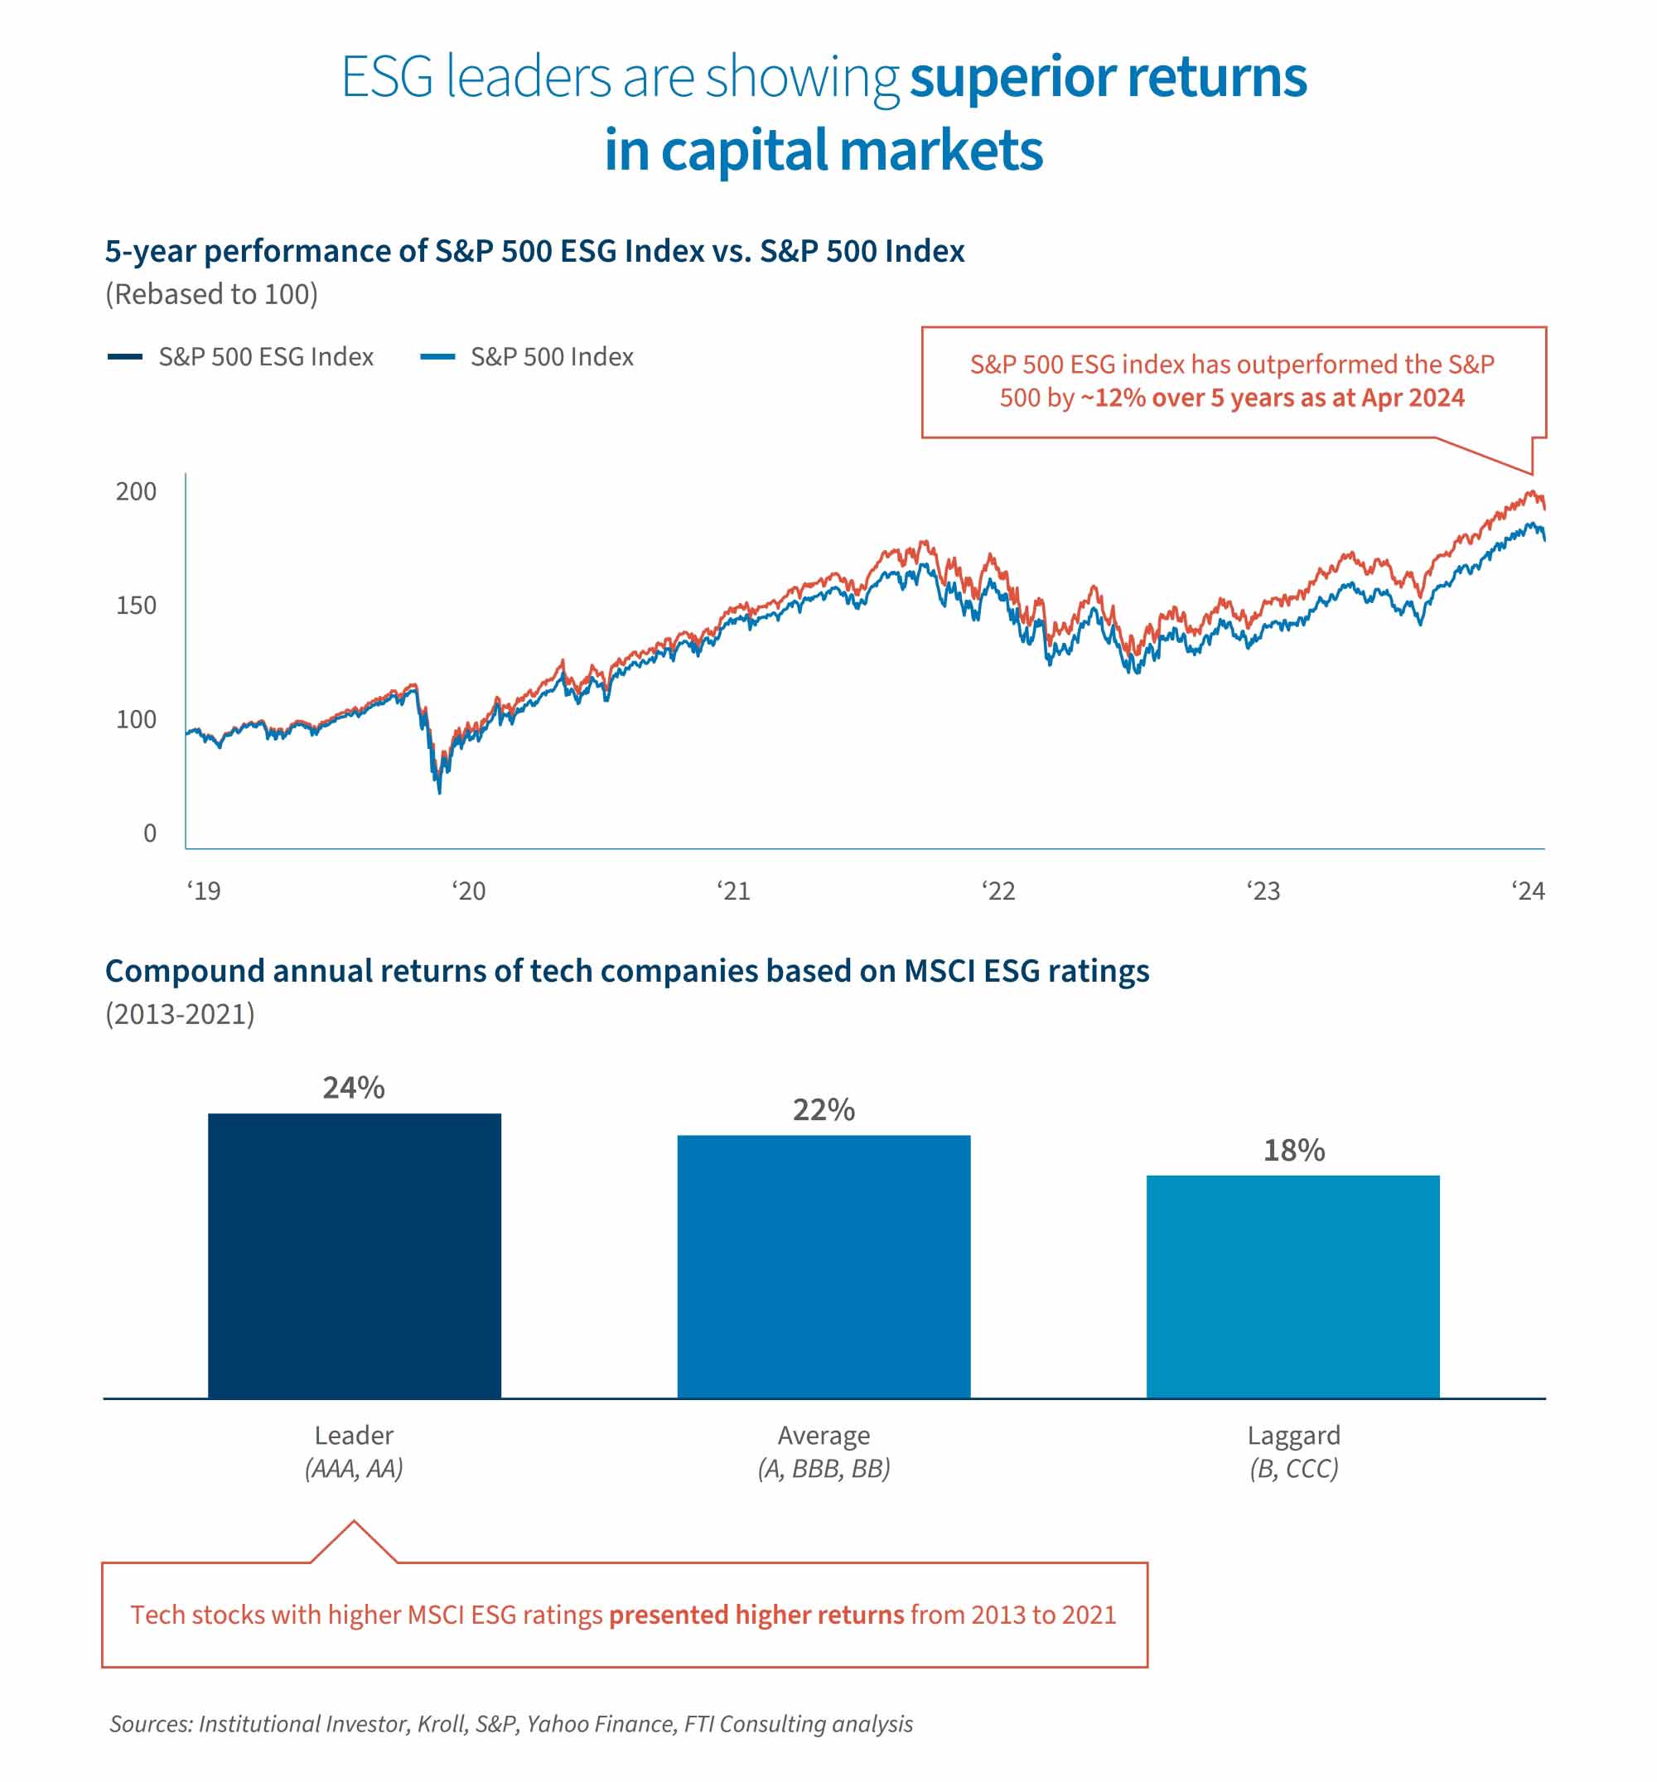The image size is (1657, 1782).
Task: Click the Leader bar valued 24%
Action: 354,1255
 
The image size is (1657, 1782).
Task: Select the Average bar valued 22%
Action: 824,1266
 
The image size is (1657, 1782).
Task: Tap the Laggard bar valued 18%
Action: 1293,1287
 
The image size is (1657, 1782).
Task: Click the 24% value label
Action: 354,1087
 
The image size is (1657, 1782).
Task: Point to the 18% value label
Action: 1293,1150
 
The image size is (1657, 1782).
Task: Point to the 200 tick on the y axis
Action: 137,491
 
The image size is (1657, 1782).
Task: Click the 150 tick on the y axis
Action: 137,605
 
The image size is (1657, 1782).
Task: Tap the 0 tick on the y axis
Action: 150,833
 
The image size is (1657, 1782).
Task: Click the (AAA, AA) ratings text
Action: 354,1468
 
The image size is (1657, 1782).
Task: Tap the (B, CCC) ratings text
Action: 1293,1468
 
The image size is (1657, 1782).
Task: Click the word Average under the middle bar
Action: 824,1435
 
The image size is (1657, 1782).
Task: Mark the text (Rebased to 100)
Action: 211,294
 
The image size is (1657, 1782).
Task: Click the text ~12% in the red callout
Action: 1112,398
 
